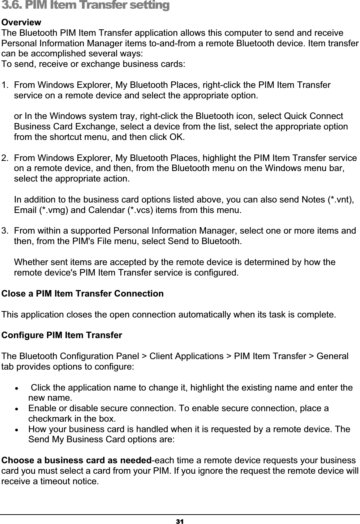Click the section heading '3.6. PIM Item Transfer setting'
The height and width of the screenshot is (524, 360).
click(x=85, y=6)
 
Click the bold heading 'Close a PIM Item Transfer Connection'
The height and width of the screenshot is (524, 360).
click(x=82, y=293)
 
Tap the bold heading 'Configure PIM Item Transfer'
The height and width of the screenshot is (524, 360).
click(x=62, y=335)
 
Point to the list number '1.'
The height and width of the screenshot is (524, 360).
click(x=5, y=86)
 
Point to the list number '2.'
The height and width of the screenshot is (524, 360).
click(x=5, y=158)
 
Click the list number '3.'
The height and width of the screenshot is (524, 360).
click(x=5, y=231)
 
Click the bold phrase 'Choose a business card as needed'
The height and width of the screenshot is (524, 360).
click(x=76, y=461)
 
